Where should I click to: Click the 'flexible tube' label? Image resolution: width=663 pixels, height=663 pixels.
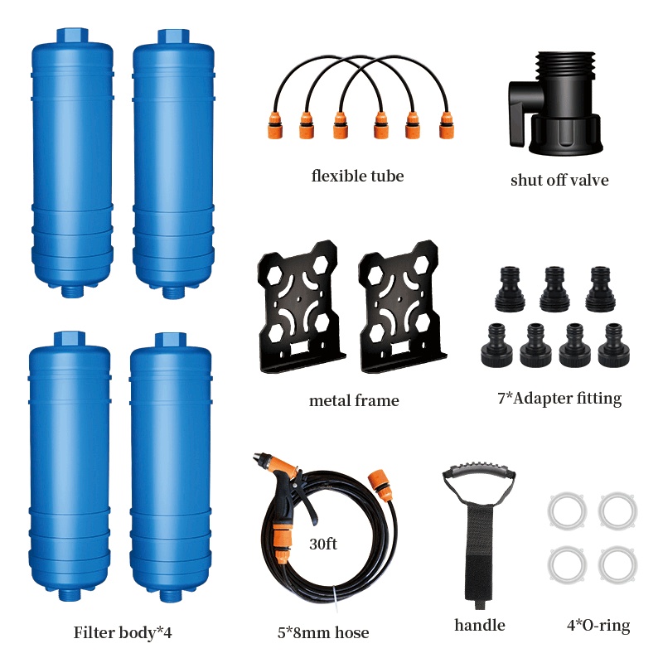click(357, 176)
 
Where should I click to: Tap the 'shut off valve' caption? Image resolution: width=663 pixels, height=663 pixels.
click(559, 180)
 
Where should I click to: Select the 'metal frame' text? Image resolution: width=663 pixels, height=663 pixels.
click(354, 401)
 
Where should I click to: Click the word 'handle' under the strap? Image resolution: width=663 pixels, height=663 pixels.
click(480, 625)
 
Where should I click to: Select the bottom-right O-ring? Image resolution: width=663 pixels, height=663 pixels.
click(617, 564)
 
